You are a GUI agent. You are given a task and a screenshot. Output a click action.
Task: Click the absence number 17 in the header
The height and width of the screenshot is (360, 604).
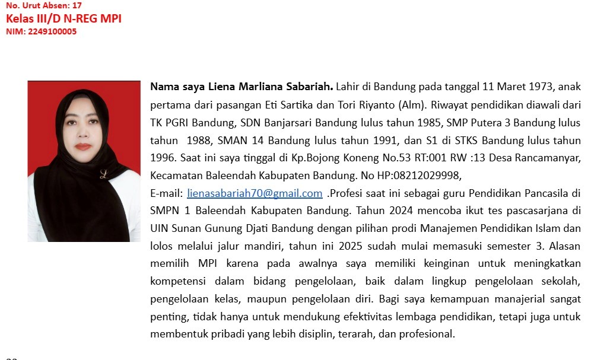click(77, 5)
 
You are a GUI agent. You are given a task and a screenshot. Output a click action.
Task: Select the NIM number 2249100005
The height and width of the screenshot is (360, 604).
click(52, 32)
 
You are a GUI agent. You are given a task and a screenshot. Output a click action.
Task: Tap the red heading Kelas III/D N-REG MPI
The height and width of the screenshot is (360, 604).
click(63, 18)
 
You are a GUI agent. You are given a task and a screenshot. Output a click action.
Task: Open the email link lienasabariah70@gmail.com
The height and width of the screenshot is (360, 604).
click(255, 193)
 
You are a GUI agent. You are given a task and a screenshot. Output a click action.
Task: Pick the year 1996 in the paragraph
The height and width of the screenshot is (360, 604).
click(162, 158)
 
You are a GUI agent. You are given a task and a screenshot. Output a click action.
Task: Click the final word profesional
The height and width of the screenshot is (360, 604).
click(425, 334)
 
